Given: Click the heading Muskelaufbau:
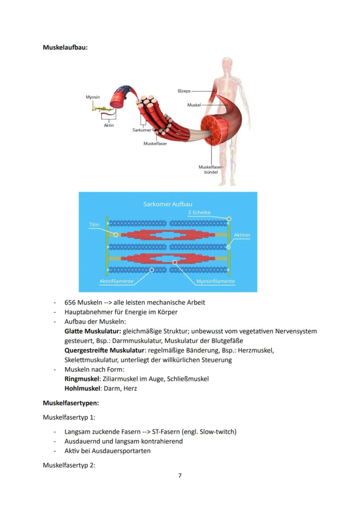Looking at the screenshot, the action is [65, 47].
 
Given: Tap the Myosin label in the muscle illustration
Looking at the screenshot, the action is [93, 97].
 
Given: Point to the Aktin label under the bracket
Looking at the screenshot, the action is [109, 125].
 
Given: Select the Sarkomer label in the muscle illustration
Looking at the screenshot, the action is [142, 130].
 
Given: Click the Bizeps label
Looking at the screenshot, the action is [184, 91].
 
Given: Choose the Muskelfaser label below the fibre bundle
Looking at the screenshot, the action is [155, 143].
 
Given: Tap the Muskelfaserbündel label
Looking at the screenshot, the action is [211, 170].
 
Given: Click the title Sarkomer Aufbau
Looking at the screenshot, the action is [168, 204].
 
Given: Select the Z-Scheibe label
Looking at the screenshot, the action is [199, 212].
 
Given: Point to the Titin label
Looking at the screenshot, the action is [94, 224].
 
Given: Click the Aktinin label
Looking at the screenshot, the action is [242, 235].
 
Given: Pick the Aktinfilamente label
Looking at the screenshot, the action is [117, 281].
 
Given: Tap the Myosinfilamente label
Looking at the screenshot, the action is [216, 281].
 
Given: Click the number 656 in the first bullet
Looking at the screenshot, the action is [70, 303].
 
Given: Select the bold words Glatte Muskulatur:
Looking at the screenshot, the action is [93, 331].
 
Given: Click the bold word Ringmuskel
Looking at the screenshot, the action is [82, 379].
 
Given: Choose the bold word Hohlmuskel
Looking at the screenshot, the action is [83, 389].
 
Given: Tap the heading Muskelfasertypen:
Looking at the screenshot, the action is [71, 403].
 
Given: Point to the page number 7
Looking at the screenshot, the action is [180, 476].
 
